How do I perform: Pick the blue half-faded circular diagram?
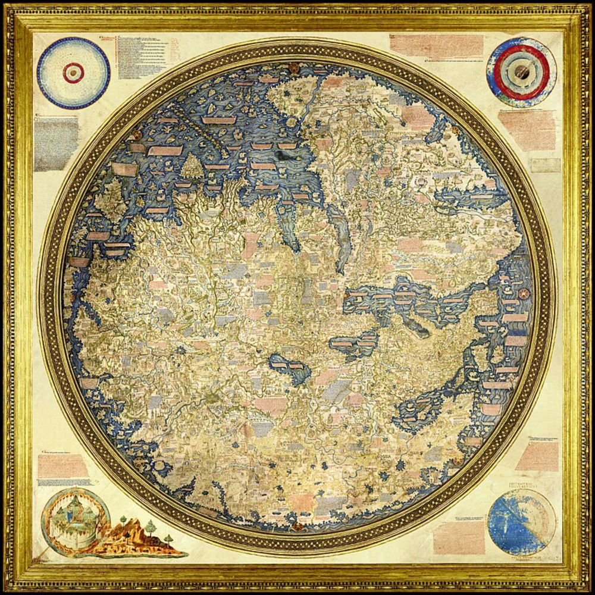[521, 522]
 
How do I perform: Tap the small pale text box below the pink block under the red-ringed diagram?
[545, 165]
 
